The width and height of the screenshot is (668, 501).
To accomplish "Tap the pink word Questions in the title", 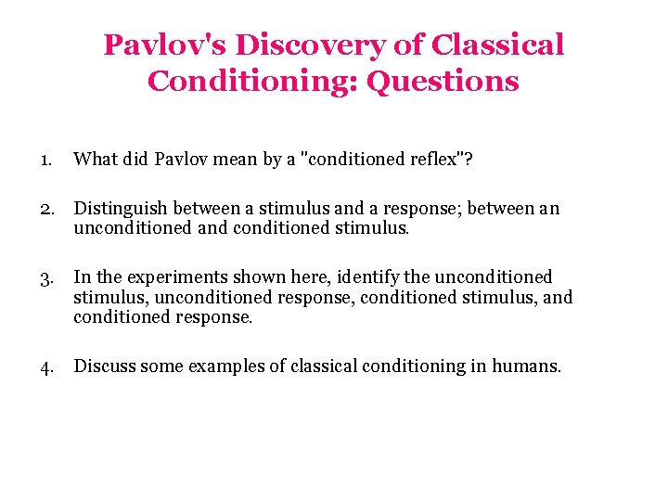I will (x=443, y=81).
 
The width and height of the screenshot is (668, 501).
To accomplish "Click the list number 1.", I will (x=45, y=160).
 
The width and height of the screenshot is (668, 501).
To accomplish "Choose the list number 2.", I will (x=46, y=209).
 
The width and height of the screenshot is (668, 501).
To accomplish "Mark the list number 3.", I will (x=46, y=277).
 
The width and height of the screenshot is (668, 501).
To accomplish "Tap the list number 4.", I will (x=46, y=366).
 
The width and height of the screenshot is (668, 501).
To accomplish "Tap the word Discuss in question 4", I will (x=104, y=366).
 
